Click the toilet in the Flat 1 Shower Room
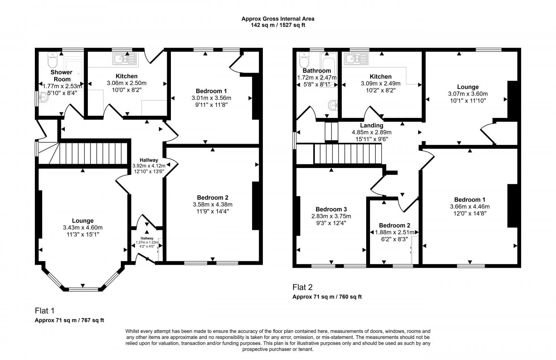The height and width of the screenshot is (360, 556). point(52,60)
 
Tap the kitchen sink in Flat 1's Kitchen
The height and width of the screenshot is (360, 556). point(125,59)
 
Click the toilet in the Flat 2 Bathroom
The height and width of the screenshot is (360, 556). point(304,60)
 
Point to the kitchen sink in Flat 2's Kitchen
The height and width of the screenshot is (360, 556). point(356,59)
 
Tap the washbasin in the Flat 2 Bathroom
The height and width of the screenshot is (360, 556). point(333,105)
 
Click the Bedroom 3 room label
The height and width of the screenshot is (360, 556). point(331,209)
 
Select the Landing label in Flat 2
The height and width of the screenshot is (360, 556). point(371,125)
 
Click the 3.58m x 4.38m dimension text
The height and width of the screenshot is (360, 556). point(212,205)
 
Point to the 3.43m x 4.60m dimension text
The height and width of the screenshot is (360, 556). point(83,227)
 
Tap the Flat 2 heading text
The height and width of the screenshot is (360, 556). point(302,287)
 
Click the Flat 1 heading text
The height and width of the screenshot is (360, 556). point(44,311)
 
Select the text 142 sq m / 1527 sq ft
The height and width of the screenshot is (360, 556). point(278,25)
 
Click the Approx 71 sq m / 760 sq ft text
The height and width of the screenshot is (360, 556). point(327,297)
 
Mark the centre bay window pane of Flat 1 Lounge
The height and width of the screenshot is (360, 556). point(83,289)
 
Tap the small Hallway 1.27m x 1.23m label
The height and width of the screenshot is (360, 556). point(147,242)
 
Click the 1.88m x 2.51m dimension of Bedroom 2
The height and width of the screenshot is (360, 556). point(394,232)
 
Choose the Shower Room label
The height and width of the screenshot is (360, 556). point(62,76)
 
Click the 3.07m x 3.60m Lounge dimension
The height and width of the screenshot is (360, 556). point(468,94)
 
